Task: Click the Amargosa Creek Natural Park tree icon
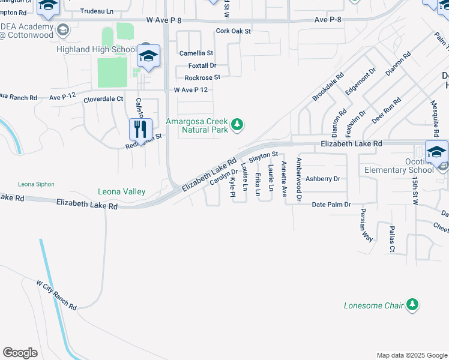(x=238, y=125)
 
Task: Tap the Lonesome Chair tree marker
(x=412, y=305)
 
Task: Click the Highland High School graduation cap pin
(x=148, y=57)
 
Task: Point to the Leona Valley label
(x=122, y=191)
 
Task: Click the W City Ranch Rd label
(x=56, y=294)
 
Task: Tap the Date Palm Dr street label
(x=331, y=205)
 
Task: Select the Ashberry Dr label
(x=323, y=179)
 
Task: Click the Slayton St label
(x=263, y=156)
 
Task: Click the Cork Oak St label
(x=233, y=31)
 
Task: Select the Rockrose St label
(x=202, y=77)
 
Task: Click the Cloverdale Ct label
(x=103, y=99)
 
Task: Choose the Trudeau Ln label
(x=97, y=11)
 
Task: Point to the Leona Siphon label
(x=37, y=184)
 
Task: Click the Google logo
(x=20, y=353)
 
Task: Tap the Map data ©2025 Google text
(x=411, y=355)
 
